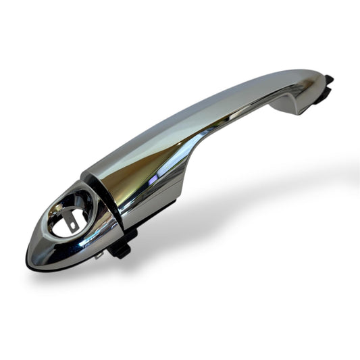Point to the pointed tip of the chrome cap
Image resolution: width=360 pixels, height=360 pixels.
30,257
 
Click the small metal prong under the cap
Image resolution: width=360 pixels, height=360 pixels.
100,255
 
